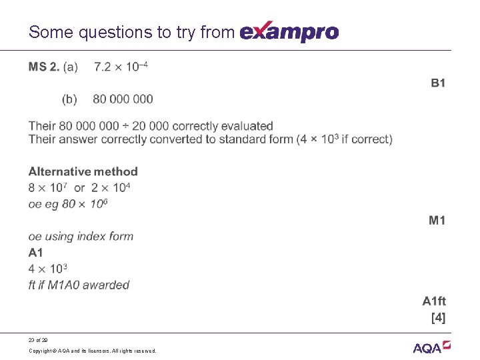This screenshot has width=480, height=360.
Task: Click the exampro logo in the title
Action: [289, 31]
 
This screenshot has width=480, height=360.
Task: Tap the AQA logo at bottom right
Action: [432, 346]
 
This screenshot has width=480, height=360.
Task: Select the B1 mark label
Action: [438, 83]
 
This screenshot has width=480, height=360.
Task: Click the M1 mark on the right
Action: [437, 220]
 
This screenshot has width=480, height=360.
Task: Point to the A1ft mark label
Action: [434, 301]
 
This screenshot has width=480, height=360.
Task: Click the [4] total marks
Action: [438, 317]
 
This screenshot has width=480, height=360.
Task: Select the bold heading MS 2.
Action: [44, 67]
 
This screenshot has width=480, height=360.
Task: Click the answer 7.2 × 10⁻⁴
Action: [121, 67]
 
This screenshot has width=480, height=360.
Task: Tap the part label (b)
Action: [69, 99]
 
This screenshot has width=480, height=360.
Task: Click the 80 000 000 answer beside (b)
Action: [123, 99]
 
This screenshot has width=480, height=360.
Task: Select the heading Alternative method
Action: [83, 171]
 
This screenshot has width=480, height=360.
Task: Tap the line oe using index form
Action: [81, 236]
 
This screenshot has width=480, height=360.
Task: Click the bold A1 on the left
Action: [36, 252]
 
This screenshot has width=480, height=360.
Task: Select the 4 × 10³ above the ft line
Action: [48, 269]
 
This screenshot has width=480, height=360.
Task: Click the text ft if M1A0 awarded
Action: [79, 285]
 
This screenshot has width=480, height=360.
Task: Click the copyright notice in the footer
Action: [93, 350]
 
